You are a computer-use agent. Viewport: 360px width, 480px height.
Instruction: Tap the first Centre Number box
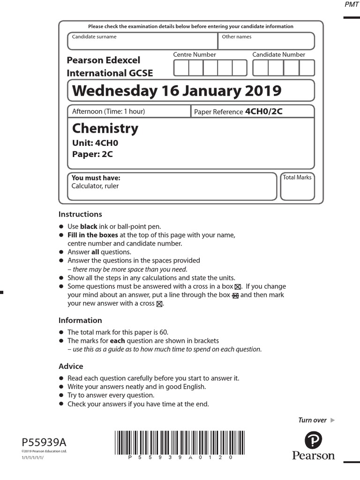[x=181, y=68]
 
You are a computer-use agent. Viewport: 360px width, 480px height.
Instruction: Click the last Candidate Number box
[x=307, y=68]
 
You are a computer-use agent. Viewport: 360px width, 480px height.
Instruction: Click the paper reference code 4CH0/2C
[x=264, y=112]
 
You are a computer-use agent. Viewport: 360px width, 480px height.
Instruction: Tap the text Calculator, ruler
[x=95, y=186]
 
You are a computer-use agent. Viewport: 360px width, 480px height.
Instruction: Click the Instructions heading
[x=80, y=214]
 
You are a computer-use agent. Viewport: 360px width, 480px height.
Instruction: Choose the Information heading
[x=80, y=321]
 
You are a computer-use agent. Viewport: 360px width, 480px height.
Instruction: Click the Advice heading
[x=71, y=366]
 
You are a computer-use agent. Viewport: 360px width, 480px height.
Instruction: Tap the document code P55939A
[x=44, y=442]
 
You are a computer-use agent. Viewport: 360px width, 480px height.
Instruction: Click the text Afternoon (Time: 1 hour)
[x=108, y=112]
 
